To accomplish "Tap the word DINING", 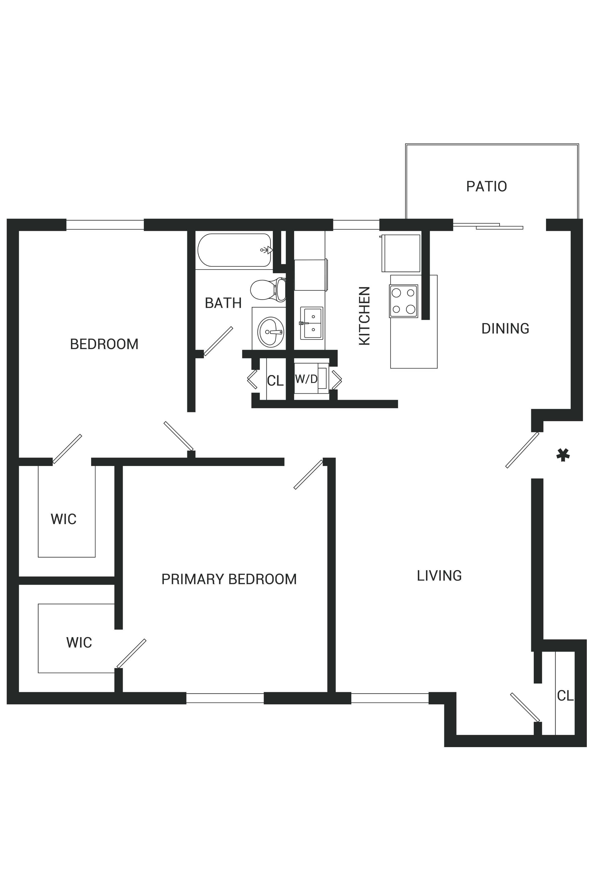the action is (x=505, y=329).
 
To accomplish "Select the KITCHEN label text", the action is (x=364, y=316).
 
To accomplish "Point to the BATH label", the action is (x=223, y=303).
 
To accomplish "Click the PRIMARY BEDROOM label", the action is (x=229, y=579).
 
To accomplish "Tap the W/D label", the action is (x=306, y=379).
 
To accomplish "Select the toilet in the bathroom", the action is (x=268, y=289).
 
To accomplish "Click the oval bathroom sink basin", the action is (x=271, y=332).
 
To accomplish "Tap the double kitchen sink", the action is (x=312, y=323).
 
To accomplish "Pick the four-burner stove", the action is (x=403, y=301).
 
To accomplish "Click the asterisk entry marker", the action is (x=563, y=455).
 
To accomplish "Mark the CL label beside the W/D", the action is (x=275, y=381).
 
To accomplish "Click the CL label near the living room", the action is (x=565, y=695).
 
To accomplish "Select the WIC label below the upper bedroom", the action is (x=64, y=519).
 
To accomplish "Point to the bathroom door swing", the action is (x=218, y=341).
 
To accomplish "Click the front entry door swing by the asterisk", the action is (x=522, y=450).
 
